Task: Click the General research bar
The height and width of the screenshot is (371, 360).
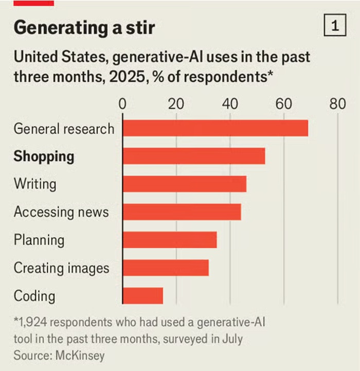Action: [215, 128]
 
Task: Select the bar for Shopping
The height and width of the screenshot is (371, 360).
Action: [193, 156]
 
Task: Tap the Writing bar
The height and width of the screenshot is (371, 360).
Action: [184, 184]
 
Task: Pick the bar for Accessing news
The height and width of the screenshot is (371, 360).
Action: [182, 212]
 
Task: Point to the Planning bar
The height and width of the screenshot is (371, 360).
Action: [169, 240]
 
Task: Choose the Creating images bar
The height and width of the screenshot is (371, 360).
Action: [166, 268]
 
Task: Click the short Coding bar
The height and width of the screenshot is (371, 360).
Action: [142, 296]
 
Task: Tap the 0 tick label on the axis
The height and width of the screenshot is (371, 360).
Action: [122, 103]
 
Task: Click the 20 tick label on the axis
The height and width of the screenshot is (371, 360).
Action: [176, 103]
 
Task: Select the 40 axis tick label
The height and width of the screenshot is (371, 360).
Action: [230, 103]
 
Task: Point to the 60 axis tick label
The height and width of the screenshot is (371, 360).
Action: [283, 103]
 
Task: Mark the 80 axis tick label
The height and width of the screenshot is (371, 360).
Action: [337, 103]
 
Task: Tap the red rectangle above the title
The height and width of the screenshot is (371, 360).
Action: [33, 3]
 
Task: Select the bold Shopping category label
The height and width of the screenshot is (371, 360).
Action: [44, 156]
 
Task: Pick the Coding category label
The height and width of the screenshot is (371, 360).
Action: [34, 296]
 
